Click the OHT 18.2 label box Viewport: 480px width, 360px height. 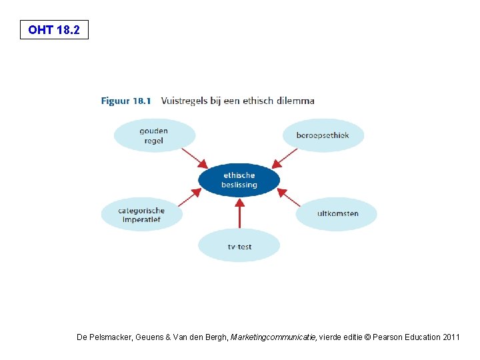point(54,30)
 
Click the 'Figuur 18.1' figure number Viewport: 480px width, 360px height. point(126,101)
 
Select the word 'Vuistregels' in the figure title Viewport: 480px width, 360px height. point(182,101)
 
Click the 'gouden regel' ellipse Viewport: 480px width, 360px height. point(154,136)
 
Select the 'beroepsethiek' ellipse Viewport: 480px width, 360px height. point(323,135)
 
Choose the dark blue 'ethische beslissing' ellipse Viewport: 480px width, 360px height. point(239,180)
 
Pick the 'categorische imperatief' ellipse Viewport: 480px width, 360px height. point(141,215)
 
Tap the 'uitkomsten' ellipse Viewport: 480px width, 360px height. point(337,214)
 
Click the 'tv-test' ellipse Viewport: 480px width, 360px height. point(239,246)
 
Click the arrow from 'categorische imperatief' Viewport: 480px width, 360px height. point(189,197)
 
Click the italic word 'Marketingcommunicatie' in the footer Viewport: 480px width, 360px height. point(273,337)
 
